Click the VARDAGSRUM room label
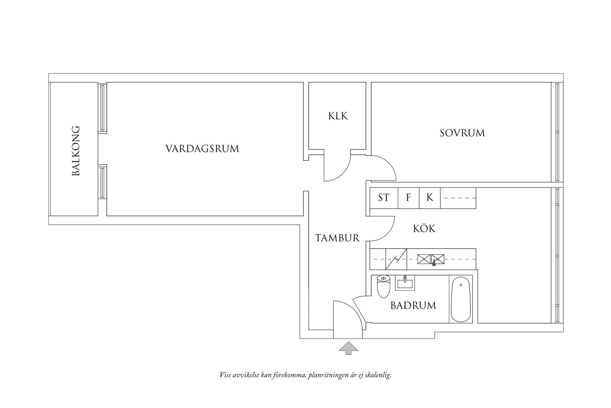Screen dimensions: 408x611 202,149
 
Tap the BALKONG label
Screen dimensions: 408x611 76,151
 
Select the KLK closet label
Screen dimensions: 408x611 338,116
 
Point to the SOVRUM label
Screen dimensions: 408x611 462,133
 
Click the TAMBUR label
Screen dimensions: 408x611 337,238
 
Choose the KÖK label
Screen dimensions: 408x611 424,229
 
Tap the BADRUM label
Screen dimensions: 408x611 413,306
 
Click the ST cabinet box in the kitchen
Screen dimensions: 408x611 384,198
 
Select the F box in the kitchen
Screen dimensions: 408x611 408,198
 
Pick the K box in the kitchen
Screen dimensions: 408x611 430,198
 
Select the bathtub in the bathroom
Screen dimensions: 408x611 461,299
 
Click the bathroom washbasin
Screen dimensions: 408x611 405,283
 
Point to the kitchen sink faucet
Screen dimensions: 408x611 434,263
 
